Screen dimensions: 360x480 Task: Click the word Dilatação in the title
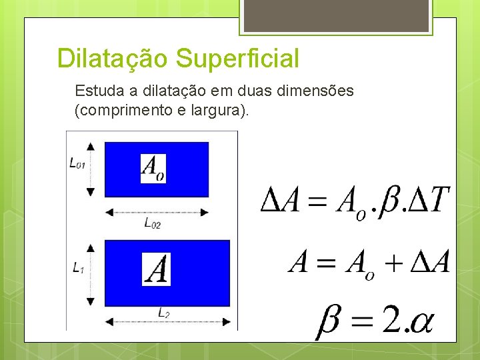point(113,59)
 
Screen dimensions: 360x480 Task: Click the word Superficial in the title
point(238,59)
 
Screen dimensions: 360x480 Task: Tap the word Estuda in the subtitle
point(96,91)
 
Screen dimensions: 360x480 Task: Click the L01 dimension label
point(77,163)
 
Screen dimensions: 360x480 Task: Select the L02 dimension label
point(153,223)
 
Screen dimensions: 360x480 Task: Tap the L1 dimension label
point(79,267)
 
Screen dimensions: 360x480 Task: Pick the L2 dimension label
point(163,312)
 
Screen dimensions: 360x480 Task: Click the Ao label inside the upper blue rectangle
point(153,168)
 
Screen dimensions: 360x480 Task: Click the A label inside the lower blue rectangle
point(157,270)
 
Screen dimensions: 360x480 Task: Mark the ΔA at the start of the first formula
point(279,201)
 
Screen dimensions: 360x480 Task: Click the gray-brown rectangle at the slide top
point(335,15)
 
